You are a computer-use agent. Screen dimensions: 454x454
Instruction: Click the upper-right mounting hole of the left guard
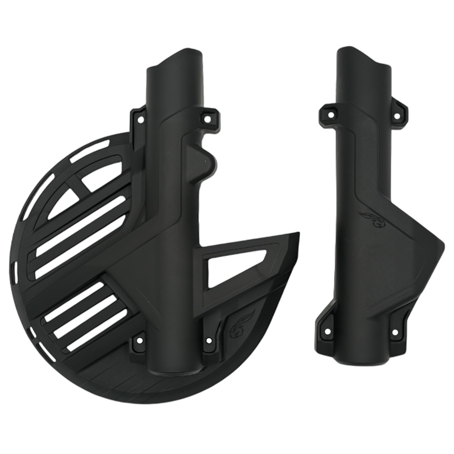(207, 119)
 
